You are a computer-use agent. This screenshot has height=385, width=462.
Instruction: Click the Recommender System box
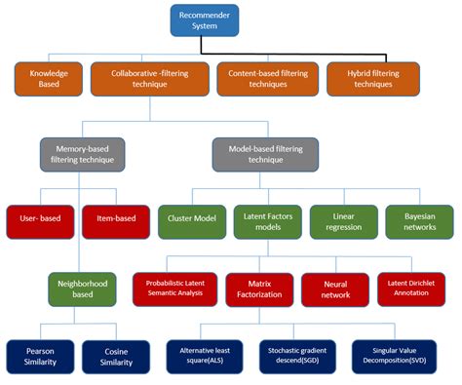point(206,20)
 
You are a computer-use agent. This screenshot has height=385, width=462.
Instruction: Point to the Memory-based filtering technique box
point(84,153)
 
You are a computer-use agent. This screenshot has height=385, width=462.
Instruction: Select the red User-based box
point(40,218)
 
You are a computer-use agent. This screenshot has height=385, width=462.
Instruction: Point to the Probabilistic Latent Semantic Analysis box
point(173,288)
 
